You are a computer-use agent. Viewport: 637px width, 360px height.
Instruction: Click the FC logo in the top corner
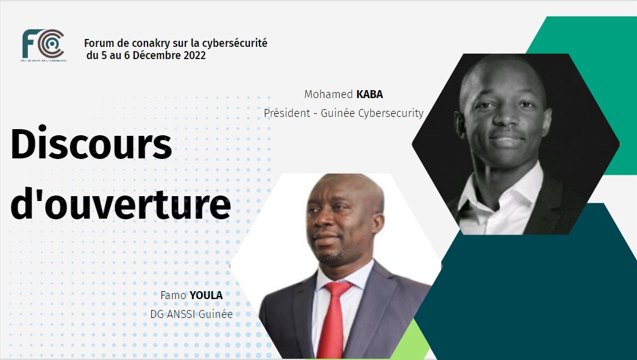(43, 44)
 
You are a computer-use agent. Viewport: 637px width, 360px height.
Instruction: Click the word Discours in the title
(91, 146)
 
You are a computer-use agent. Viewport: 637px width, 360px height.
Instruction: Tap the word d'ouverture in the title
(121, 206)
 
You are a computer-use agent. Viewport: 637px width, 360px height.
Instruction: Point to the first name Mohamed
(329, 94)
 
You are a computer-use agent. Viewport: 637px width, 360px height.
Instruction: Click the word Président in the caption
(286, 113)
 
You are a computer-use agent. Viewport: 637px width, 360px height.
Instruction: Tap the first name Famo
(173, 296)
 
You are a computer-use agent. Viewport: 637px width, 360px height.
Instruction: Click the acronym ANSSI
(182, 315)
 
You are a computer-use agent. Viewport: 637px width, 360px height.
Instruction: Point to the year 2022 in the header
(194, 55)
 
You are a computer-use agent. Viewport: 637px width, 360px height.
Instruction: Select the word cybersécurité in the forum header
(235, 43)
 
